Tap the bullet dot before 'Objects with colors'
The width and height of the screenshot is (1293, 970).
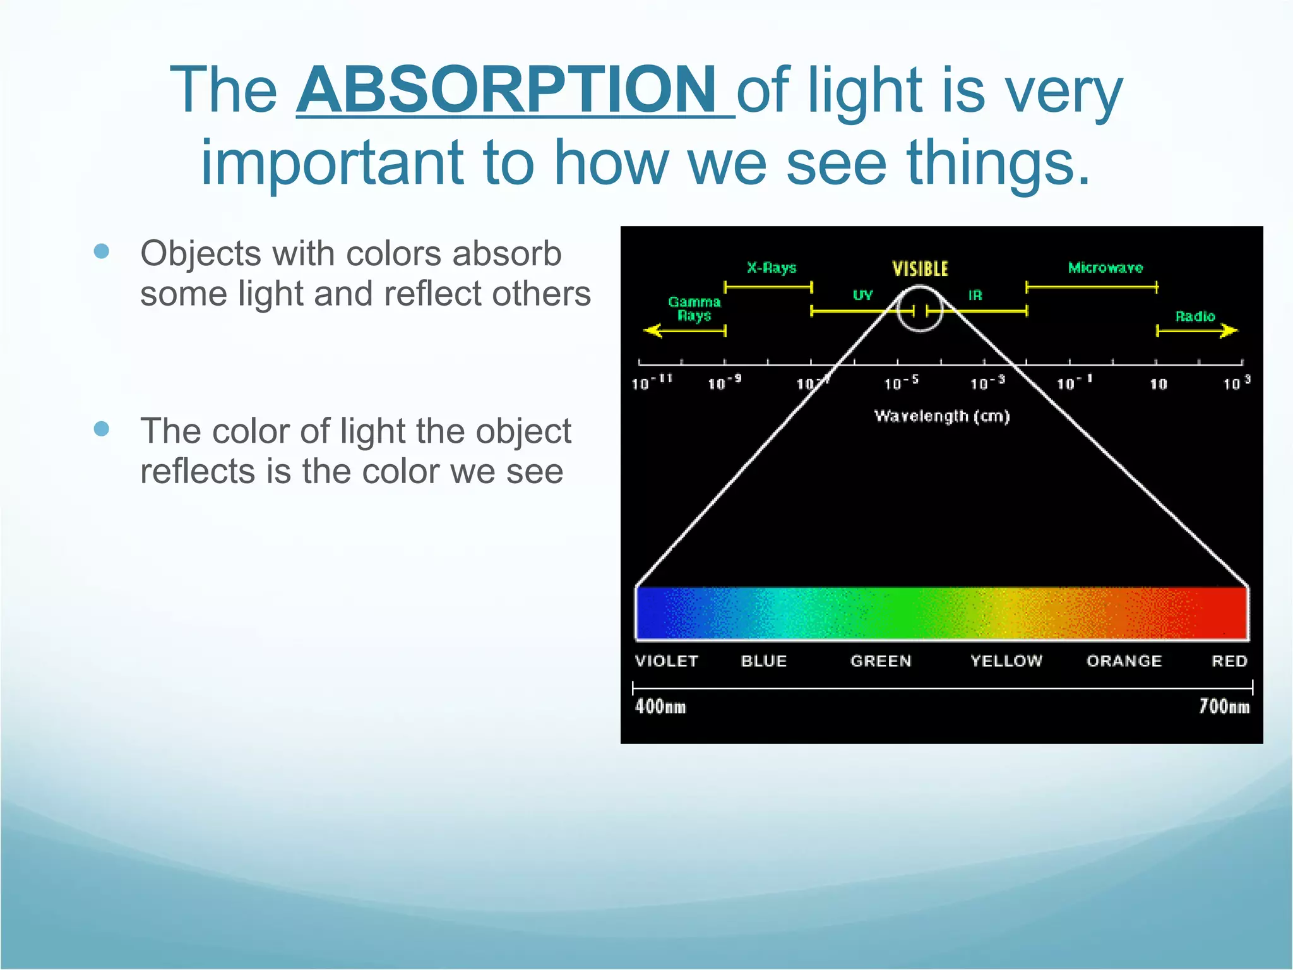point(101,252)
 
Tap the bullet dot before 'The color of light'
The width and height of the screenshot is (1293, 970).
point(101,429)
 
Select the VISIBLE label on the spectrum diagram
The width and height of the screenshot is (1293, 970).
point(920,269)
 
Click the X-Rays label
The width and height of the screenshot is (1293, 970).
point(771,268)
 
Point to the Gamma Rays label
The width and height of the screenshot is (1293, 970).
point(694,309)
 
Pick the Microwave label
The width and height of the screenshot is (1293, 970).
point(1105,268)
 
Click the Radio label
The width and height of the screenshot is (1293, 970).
point(1195,316)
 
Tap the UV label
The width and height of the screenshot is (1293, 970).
point(862,295)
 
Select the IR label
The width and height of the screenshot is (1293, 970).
point(975,295)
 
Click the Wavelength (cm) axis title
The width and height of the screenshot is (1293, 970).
point(941,416)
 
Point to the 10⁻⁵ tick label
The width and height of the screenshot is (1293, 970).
point(900,383)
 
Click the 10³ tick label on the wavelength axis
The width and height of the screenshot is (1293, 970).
point(1236,383)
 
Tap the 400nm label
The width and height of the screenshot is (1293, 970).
point(660,706)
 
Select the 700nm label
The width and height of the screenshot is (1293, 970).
point(1224,706)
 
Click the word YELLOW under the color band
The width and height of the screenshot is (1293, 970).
point(1006,661)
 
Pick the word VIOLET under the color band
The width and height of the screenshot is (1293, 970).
point(667,661)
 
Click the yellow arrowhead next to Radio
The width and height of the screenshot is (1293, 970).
point(1229,330)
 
